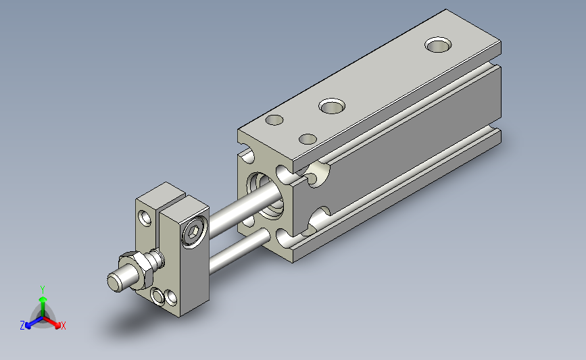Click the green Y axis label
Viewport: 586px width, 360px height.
pos(43,290)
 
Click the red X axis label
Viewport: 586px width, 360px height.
pos(63,326)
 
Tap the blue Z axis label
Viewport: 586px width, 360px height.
pos(22,326)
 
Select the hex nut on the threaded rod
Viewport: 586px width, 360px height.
pos(137,270)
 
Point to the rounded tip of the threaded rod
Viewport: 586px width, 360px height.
pos(114,282)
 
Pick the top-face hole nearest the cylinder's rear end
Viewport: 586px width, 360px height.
pos(438,45)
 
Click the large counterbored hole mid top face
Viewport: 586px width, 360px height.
pos(332,106)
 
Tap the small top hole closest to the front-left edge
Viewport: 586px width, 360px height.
pos(274,120)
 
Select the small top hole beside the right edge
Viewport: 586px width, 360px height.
pos(308,139)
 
